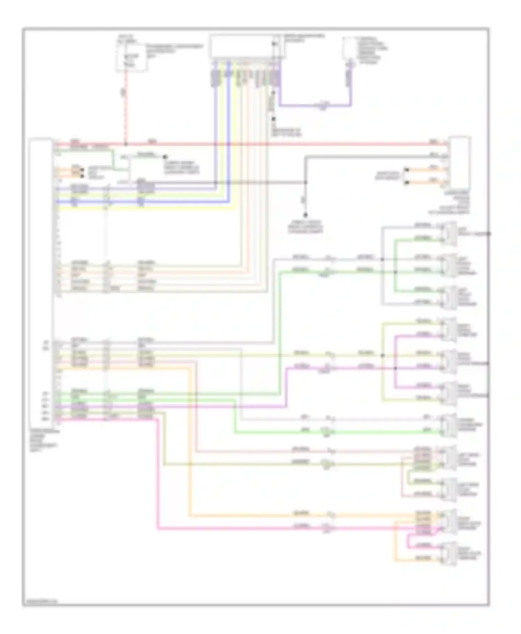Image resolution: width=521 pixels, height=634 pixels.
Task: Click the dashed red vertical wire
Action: (126, 108)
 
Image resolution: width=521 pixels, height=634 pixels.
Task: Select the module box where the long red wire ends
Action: (460, 162)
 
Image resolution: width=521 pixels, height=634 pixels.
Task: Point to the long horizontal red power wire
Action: (278, 144)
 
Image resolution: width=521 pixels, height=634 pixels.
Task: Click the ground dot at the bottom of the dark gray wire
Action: (306, 215)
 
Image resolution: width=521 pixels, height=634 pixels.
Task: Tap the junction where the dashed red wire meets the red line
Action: (126, 144)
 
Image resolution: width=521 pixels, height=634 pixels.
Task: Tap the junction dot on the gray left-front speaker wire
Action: (382, 259)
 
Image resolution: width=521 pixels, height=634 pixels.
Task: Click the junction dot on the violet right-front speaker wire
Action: (395, 368)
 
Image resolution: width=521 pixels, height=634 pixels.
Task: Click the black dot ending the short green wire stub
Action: (165, 157)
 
